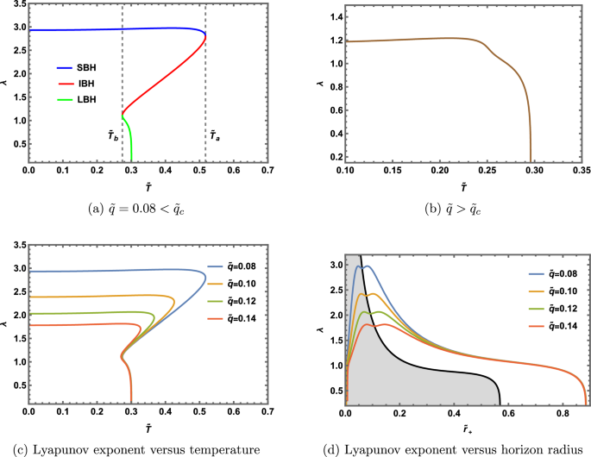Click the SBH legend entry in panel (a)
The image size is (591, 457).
[x=79, y=67]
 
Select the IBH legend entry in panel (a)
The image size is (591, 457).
[x=79, y=84]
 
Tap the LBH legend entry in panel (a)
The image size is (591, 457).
[x=79, y=100]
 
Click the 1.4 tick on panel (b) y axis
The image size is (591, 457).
[x=328, y=17]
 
